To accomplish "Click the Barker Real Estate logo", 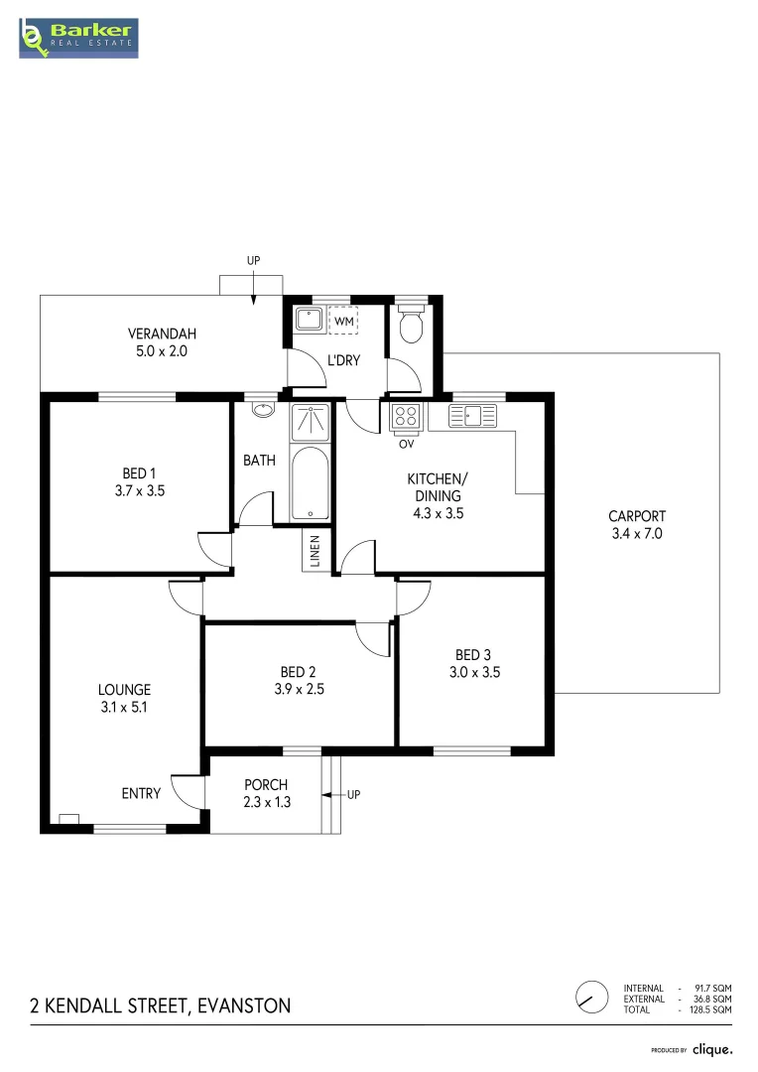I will [78, 37].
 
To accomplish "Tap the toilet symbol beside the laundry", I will [410, 324].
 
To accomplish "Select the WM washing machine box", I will [343, 322].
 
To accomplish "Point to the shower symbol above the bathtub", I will [311, 423].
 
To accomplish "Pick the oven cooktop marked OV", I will [406, 417].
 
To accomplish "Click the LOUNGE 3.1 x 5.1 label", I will [124, 699].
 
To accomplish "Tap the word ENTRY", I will [141, 792].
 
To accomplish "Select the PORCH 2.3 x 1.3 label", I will [267, 793].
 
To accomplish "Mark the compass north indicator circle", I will [591, 996].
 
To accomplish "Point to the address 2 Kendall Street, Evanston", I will [161, 1005].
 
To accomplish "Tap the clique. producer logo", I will [712, 1049].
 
